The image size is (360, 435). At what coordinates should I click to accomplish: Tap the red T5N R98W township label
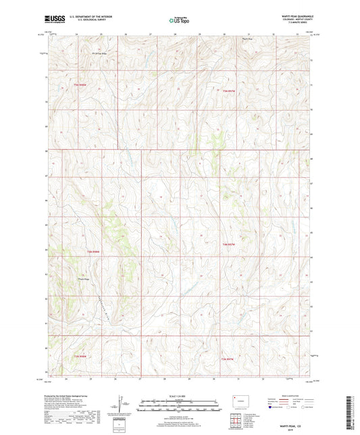(80, 84)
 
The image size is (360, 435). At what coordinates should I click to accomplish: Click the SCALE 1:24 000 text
(180, 395)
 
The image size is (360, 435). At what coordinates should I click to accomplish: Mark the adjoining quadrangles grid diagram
(236, 422)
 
